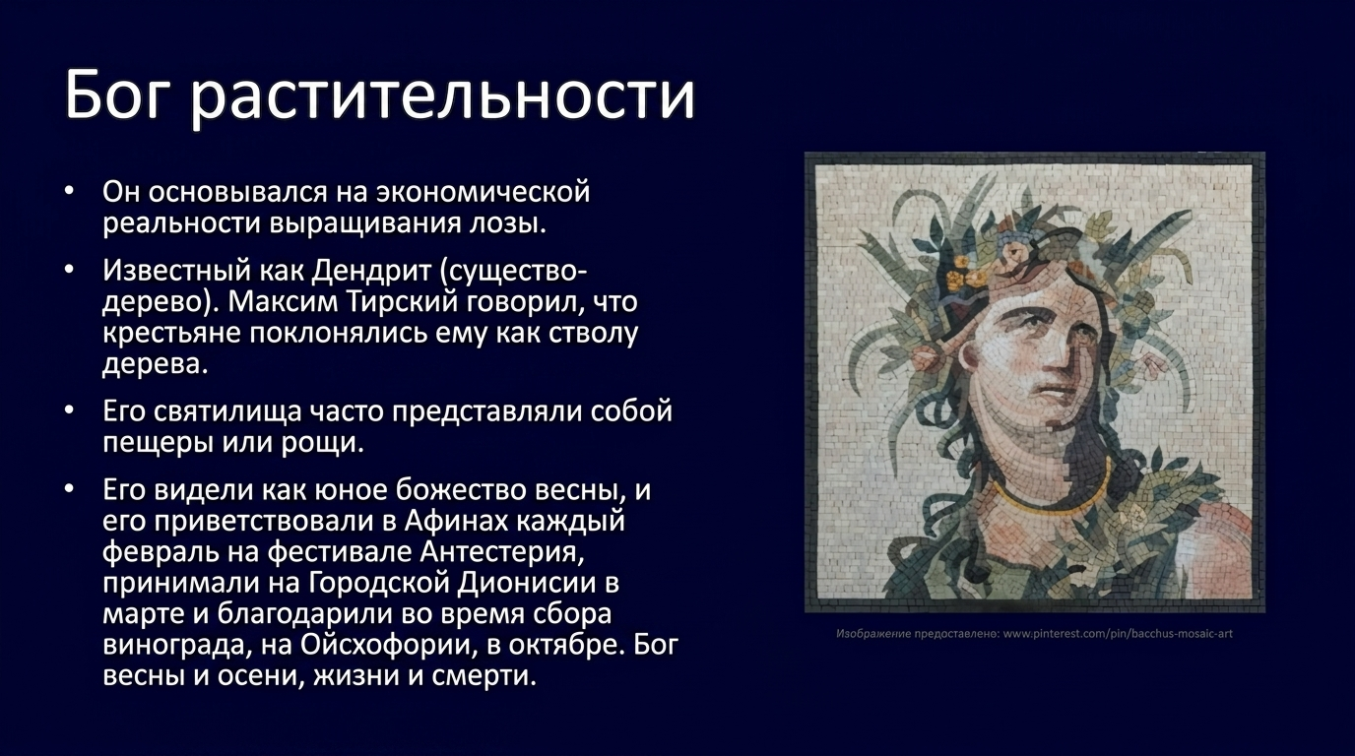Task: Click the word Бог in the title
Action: [115, 94]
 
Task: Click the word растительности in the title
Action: [442, 96]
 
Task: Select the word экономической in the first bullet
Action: [483, 192]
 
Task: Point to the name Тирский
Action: [402, 302]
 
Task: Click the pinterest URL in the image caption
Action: [1118, 634]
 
